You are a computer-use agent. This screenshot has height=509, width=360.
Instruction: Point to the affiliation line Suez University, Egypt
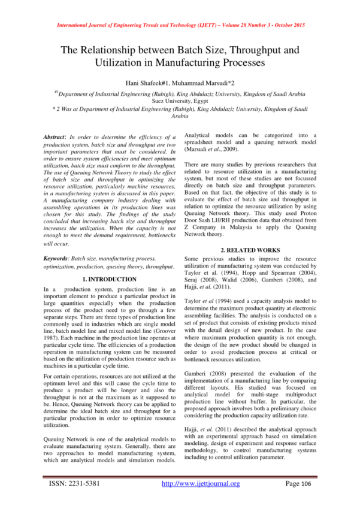pos(179,101)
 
